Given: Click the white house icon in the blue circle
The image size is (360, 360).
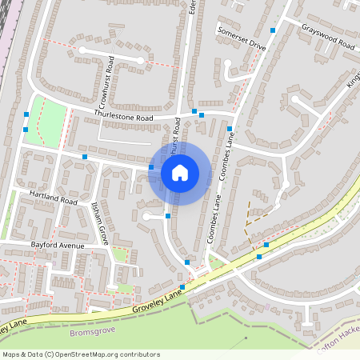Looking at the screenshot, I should tap(180, 172).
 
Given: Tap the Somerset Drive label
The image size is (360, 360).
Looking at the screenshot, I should tap(241, 38).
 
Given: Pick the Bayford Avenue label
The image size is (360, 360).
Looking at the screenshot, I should tap(57, 245).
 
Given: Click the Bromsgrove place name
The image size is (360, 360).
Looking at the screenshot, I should tap(94, 331).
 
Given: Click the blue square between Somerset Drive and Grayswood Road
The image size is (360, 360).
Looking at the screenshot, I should tap(273, 30).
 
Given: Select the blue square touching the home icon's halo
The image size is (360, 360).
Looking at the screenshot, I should tap(151, 167).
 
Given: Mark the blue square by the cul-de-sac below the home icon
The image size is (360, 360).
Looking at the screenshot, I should tap(168, 216).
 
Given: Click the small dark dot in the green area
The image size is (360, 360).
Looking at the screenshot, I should tap(246, 338).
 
